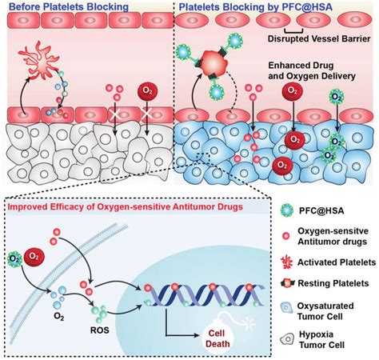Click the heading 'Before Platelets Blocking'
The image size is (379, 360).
pos(69,6)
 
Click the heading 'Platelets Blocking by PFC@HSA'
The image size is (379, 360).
pos(255,6)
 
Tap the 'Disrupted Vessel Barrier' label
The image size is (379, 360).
pos(319,39)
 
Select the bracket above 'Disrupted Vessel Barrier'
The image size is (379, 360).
pos(294,30)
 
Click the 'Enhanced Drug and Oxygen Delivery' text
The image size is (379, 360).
pos(312,70)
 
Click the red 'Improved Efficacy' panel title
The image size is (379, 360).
pos(126,206)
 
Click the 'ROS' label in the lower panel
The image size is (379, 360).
pos(100,330)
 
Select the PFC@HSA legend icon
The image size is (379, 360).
pos(287,210)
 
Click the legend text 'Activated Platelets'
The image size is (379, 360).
pos(337,262)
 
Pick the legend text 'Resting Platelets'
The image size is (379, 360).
pos(333,283)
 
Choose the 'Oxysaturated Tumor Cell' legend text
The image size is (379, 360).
pos(325,311)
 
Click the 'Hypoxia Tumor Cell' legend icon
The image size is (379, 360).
pos(287,339)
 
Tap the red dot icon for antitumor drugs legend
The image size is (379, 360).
pos(286,236)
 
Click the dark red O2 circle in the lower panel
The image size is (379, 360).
pos(34,256)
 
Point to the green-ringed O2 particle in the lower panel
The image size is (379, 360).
pos(14,258)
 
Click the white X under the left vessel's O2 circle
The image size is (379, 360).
pos(146,114)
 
